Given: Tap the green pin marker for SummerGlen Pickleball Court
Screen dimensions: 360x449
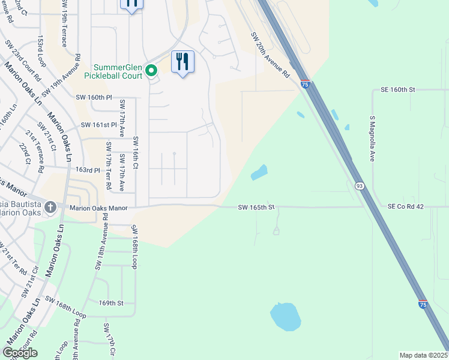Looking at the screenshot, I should tap(152, 71).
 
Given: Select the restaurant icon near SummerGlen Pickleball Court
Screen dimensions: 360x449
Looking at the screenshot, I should tap(183, 62).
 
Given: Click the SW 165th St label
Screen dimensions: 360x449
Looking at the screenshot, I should tap(256, 208).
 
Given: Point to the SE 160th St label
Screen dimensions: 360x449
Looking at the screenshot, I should tap(398, 89).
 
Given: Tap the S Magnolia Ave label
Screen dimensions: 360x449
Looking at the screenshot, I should tap(372, 140).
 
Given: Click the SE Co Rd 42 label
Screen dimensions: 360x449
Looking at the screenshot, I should tap(406, 206).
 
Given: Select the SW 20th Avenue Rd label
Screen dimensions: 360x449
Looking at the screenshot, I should tap(271, 55).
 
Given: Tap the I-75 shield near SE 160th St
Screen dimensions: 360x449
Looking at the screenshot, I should tap(306, 85).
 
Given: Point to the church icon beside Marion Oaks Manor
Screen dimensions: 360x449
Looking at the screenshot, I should tap(50, 208).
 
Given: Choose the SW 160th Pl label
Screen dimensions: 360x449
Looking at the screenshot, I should tap(94, 97).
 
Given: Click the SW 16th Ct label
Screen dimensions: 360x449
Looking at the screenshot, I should tap(136, 158).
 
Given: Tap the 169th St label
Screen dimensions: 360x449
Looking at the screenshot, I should tap(110, 304).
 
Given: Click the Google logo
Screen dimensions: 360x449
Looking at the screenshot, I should tap(20, 353).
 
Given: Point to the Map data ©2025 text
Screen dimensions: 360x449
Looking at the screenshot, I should tap(424, 355).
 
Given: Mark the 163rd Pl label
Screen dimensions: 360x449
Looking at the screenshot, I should tap(87, 170).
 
